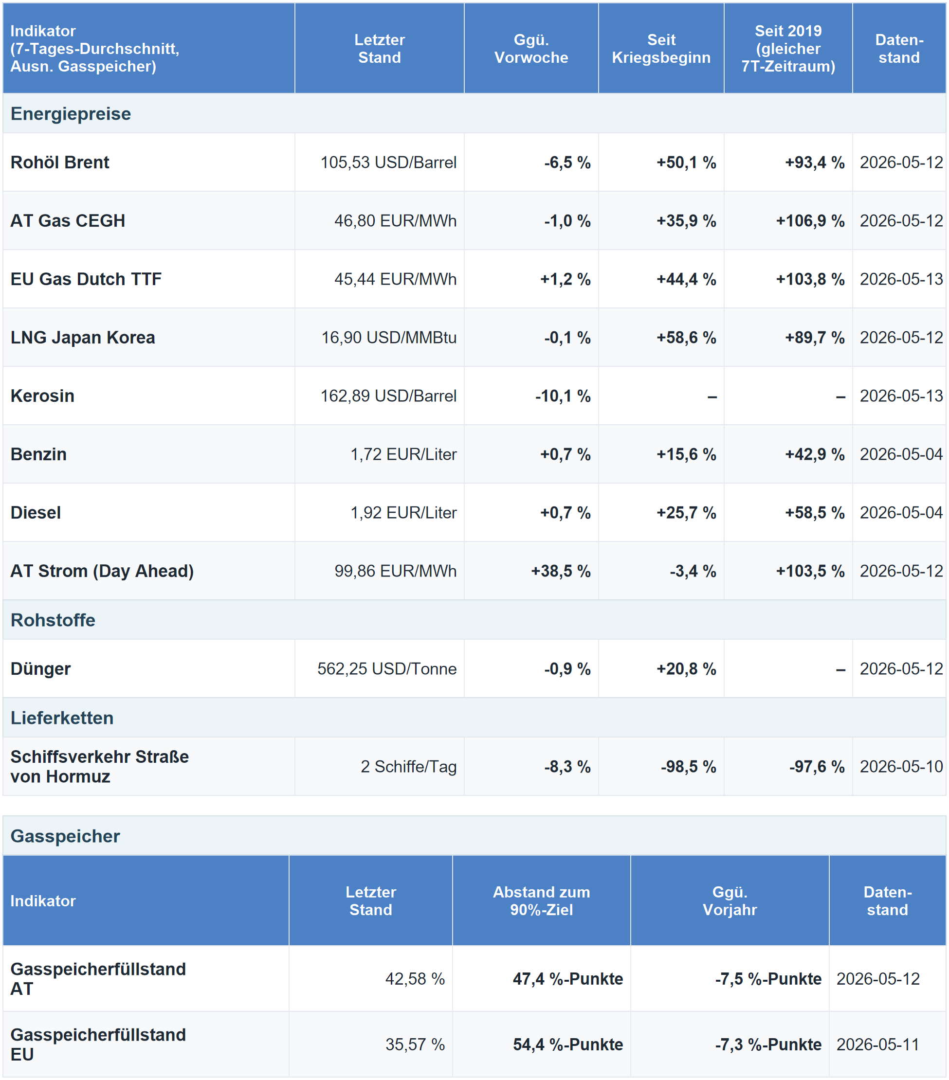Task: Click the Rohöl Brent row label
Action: click(x=60, y=162)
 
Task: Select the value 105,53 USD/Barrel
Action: click(x=388, y=162)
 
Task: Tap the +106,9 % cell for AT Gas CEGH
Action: click(x=810, y=221)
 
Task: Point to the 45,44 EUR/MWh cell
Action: click(x=396, y=279)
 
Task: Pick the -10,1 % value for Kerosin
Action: click(x=563, y=396)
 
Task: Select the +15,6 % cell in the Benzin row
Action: click(x=686, y=454)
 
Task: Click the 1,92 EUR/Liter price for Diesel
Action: click(x=403, y=513)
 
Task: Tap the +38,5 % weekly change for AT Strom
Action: click(x=561, y=571)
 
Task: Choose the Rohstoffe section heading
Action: click(x=53, y=620)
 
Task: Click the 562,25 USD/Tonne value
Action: click(x=387, y=669)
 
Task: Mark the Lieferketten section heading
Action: click(x=62, y=718)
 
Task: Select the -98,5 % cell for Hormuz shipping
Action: click(x=688, y=767)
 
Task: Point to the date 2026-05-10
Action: click(x=901, y=767)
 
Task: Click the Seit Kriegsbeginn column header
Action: click(x=661, y=49)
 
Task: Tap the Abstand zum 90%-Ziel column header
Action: click(x=541, y=901)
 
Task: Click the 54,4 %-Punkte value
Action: click(x=568, y=1044)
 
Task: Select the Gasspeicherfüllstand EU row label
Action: click(x=98, y=1044)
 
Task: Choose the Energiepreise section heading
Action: click(x=71, y=114)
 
